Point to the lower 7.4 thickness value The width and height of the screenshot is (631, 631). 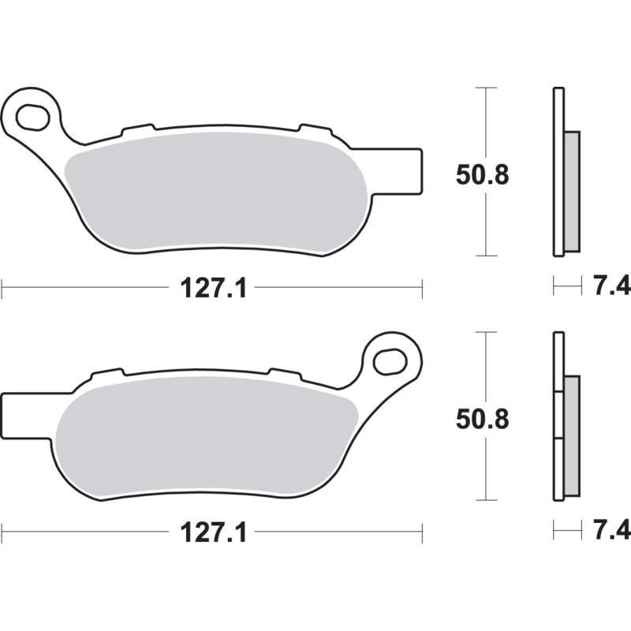pyautogui.click(x=605, y=532)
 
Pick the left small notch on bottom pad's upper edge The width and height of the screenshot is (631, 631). pyautogui.click(x=108, y=372)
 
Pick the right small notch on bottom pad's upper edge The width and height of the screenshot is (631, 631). pyautogui.click(x=284, y=372)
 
